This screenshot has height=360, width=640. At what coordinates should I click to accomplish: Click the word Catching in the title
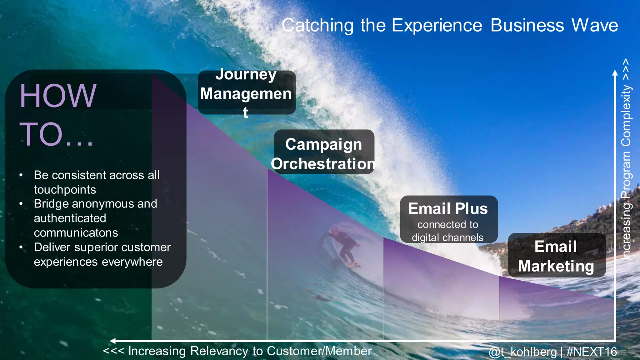(x=317, y=26)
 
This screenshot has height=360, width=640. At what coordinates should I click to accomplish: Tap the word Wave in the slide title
(x=594, y=26)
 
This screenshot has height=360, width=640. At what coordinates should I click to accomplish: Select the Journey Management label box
(x=246, y=93)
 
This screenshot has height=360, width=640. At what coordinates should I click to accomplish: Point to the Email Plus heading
(x=448, y=209)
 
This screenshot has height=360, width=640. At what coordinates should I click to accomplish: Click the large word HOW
(x=58, y=96)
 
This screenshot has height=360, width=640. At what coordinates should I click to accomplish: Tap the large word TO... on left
(x=56, y=134)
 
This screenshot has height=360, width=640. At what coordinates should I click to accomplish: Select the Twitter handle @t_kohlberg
(x=522, y=352)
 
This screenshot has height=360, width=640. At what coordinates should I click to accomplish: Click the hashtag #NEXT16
(x=592, y=352)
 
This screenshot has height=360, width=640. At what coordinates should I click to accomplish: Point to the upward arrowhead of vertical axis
(x=615, y=73)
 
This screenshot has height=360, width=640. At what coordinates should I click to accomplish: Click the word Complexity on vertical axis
(x=626, y=116)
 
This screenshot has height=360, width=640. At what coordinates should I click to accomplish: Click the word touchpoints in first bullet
(x=65, y=190)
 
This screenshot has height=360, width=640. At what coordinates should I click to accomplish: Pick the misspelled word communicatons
(x=76, y=233)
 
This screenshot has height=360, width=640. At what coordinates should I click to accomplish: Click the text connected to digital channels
(x=447, y=231)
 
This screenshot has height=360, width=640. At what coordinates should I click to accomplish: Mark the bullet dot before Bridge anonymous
(x=21, y=204)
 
